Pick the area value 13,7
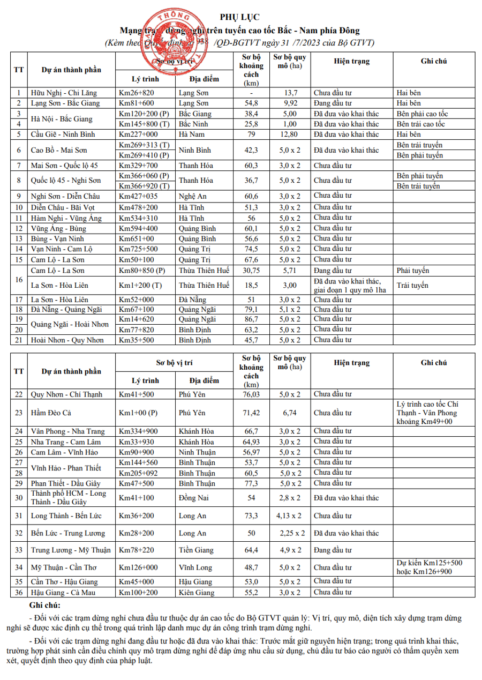[x=290, y=93]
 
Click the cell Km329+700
[x=138, y=165]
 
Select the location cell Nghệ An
[x=193, y=196]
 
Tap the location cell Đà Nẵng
[x=193, y=300]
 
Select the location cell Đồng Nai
[x=194, y=498]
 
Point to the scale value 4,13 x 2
[x=289, y=515]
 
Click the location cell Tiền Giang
[x=196, y=550]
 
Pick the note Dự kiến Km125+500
[x=430, y=563]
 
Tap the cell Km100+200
[x=138, y=592]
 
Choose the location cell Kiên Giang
[x=197, y=592]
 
